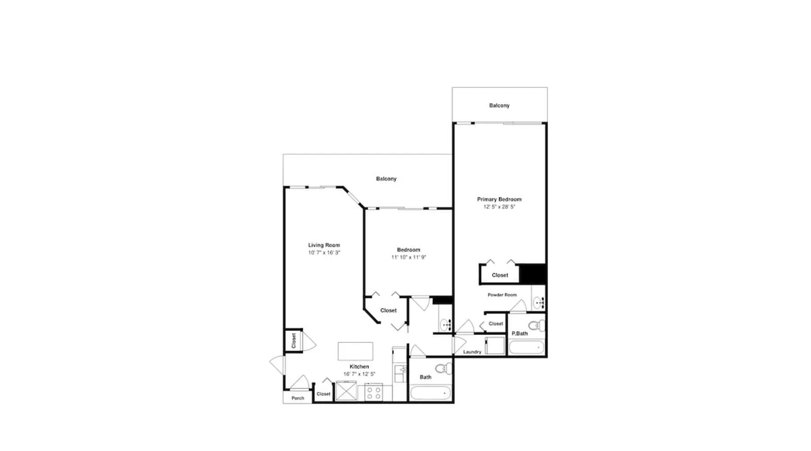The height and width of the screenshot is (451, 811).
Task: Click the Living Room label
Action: [324, 245]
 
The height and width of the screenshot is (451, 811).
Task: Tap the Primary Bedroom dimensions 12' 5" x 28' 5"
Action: [499, 207]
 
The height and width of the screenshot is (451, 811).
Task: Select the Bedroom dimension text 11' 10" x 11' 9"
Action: [409, 257]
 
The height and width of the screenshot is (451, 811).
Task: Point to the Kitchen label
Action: [359, 367]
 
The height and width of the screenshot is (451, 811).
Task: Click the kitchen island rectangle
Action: [355, 351]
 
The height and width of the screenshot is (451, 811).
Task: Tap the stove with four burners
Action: [374, 392]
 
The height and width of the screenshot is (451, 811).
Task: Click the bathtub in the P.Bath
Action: [526, 348]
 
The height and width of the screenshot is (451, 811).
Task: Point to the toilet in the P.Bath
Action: [537, 326]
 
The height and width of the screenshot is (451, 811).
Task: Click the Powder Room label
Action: [502, 295]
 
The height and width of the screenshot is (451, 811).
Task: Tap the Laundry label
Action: [472, 352]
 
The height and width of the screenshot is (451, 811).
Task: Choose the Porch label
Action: [298, 398]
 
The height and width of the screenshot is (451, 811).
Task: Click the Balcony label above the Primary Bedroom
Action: [499, 106]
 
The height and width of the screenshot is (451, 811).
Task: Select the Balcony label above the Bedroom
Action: [386, 179]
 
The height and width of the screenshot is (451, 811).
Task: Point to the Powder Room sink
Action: [538, 302]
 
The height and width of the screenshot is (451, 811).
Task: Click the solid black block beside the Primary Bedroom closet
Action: [533, 274]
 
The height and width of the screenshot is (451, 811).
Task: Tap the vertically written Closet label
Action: [294, 341]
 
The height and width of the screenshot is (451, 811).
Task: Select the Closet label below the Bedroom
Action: [388, 310]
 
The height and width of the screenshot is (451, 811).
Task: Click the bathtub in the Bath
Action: [431, 393]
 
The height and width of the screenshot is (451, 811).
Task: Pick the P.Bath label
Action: [519, 334]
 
